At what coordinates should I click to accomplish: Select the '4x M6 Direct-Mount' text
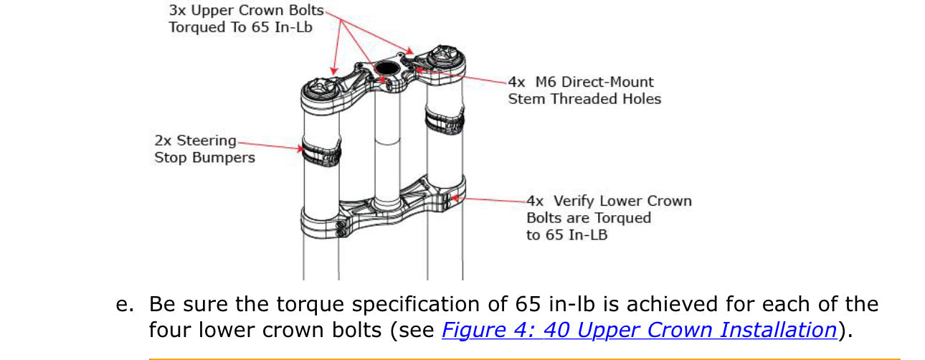[581, 82]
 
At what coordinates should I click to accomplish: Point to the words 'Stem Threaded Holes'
[584, 99]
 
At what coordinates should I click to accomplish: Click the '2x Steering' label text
[195, 141]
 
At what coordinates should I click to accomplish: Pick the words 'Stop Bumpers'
[204, 157]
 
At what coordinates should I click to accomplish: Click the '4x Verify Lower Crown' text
[609, 201]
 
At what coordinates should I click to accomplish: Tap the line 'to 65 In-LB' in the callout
[566, 235]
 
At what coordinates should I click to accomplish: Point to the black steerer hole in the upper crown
[386, 69]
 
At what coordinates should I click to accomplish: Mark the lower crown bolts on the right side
[449, 201]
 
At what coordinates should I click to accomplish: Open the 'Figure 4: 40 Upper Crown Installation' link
[638, 330]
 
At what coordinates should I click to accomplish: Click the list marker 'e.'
[125, 304]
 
